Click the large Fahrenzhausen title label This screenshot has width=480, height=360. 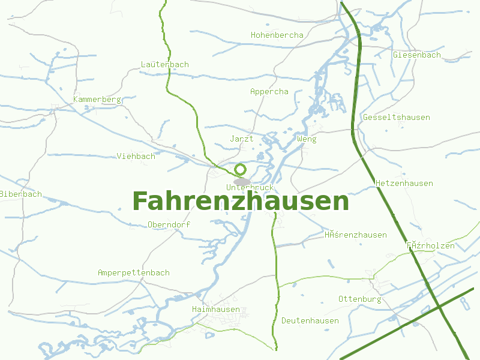(x=241, y=202)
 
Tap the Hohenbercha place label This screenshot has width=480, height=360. (x=277, y=35)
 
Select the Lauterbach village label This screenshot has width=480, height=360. (x=164, y=65)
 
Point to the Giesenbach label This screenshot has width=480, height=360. (x=416, y=55)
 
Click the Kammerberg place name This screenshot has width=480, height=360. (x=97, y=99)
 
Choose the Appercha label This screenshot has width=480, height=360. (x=269, y=92)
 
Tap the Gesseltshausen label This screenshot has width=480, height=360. (x=396, y=118)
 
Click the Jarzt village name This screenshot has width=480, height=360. (x=241, y=139)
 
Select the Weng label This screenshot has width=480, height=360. (x=306, y=139)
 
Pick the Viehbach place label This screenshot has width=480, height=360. (x=136, y=157)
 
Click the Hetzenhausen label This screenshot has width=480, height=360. (x=404, y=183)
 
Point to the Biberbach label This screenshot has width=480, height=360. (x=21, y=194)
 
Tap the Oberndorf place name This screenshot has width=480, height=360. (x=169, y=225)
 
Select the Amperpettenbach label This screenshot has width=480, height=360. (x=133, y=273)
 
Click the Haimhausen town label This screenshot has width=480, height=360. (x=215, y=310)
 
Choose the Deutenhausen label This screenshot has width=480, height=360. (x=310, y=321)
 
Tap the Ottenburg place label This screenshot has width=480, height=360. (x=359, y=299)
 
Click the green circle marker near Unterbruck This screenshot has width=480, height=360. (x=241, y=169)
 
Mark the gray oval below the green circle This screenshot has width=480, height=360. (x=242, y=182)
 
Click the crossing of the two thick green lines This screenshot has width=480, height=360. (x=440, y=307)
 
